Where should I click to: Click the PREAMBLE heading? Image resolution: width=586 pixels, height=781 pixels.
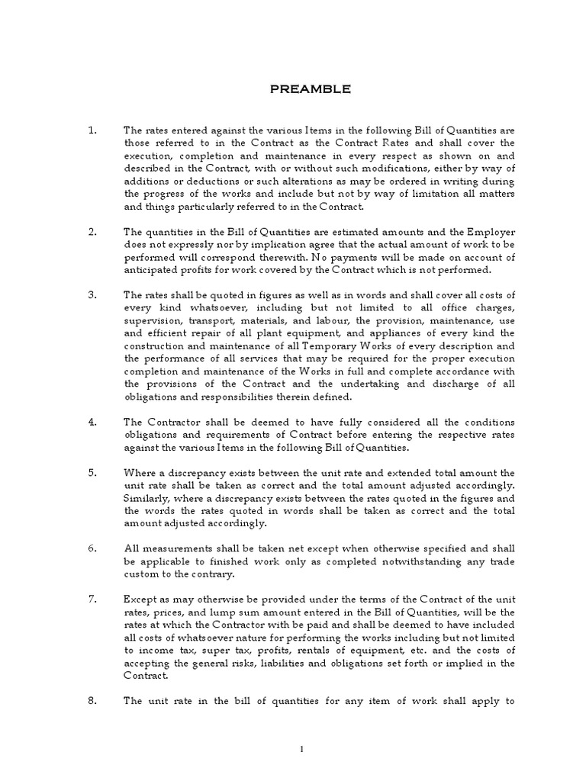pos(311,89)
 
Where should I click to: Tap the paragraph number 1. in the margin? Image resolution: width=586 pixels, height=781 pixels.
pos(92,131)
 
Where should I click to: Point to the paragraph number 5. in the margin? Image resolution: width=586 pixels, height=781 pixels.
pos(92,473)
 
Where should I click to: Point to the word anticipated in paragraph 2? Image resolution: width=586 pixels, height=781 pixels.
pos(153,270)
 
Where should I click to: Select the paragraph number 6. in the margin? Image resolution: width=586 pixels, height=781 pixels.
pos(92,548)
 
